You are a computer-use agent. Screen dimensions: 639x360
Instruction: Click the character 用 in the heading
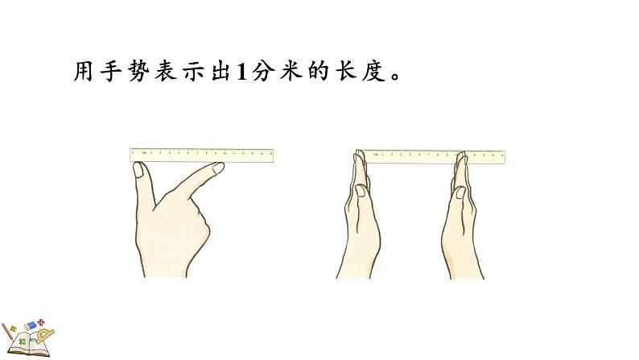click(84, 71)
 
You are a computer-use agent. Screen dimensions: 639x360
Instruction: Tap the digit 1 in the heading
click(242, 72)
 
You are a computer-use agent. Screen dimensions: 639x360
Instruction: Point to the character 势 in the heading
click(140, 71)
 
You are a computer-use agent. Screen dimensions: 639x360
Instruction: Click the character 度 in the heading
click(373, 71)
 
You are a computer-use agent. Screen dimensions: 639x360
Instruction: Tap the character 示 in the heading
click(195, 71)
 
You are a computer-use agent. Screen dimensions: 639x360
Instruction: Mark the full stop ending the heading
click(395, 77)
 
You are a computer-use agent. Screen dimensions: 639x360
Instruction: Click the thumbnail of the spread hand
click(138, 170)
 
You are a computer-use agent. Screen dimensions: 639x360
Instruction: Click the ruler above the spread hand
click(201, 155)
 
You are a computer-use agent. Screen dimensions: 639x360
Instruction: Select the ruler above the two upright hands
click(434, 157)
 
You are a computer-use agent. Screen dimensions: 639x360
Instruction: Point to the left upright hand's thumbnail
click(361, 191)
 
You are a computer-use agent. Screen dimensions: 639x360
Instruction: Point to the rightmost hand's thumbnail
click(460, 192)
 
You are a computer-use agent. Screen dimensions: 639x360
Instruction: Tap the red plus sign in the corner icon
click(41, 323)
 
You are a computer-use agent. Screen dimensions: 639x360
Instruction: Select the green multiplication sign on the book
click(23, 341)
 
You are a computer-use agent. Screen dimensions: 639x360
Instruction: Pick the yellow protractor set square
click(45, 336)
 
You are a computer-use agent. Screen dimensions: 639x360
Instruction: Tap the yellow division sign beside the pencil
click(13, 329)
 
